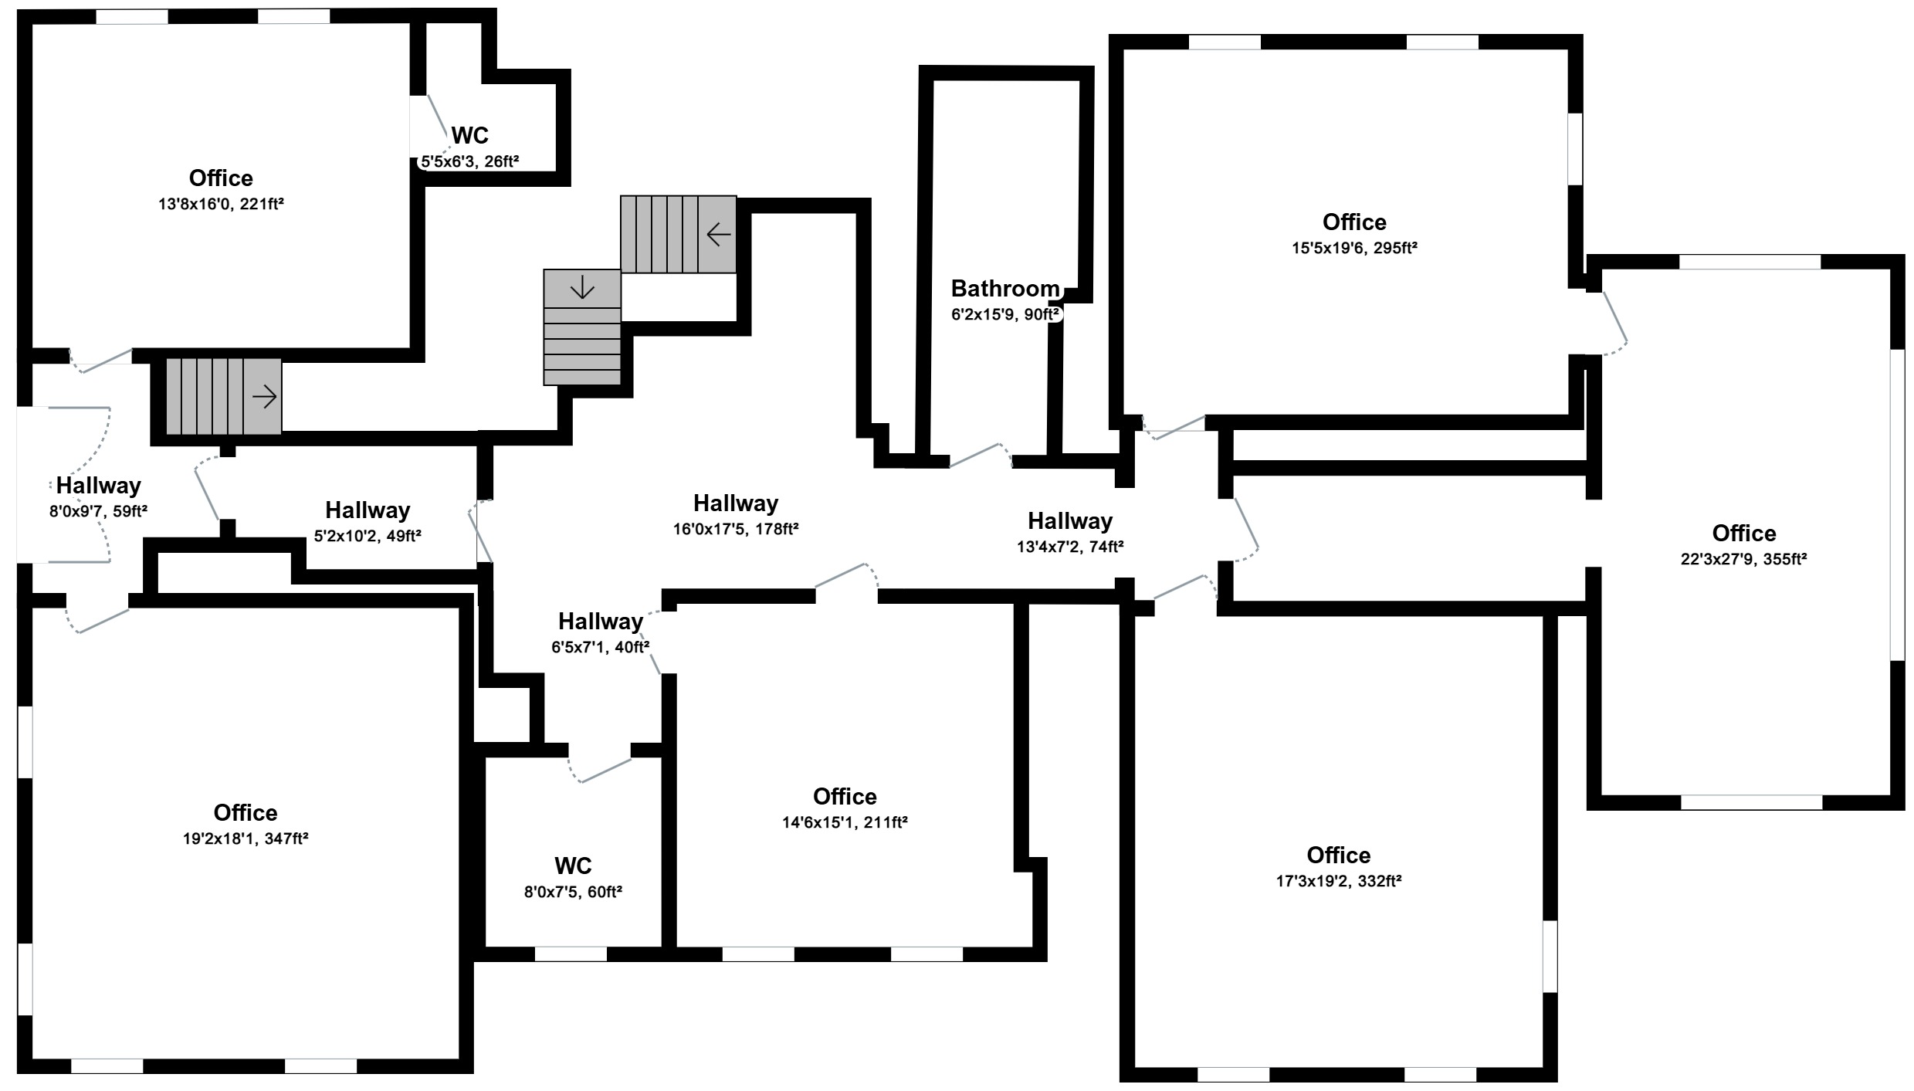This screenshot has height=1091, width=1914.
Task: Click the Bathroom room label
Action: [1005, 289]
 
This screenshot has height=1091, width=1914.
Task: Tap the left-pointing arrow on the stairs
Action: [719, 234]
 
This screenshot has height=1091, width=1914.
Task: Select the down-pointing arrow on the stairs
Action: [582, 288]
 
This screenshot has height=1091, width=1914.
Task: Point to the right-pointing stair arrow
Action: [265, 398]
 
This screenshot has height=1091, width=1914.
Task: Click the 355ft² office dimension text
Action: [1743, 559]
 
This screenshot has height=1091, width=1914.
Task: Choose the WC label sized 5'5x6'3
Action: [469, 135]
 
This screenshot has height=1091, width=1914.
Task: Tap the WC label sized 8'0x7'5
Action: [573, 866]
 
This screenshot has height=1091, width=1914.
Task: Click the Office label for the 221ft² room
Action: [221, 178]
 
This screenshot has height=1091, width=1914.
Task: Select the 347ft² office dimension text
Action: [246, 839]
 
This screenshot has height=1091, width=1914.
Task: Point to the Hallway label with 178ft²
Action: [736, 503]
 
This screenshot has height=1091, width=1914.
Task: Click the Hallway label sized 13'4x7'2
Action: [1070, 521]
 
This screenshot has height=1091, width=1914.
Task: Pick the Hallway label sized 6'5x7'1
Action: [601, 622]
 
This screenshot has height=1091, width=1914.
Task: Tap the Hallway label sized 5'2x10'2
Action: [368, 510]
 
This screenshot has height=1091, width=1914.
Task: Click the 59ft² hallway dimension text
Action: [98, 511]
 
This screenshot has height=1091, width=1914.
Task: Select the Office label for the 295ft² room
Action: [1354, 222]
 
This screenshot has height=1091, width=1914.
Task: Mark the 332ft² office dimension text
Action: [1339, 881]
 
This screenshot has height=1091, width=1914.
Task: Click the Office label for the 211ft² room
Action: [845, 797]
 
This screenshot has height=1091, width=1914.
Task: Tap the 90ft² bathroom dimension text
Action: [1005, 315]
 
